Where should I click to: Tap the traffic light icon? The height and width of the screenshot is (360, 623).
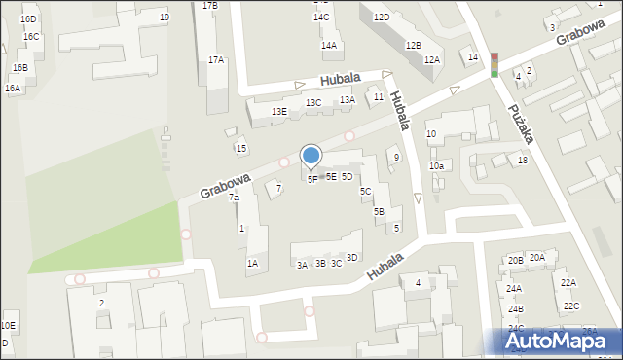[x=494, y=64]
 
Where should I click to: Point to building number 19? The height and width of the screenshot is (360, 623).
[x=165, y=18]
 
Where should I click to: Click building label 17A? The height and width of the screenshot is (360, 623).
[x=216, y=59]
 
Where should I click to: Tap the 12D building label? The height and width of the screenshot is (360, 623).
[x=381, y=18]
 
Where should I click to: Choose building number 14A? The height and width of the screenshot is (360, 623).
[x=329, y=45]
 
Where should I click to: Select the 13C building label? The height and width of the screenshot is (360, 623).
[x=313, y=102]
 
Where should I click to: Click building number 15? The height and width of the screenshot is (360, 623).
[x=241, y=148]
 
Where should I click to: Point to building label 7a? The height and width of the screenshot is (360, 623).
[x=234, y=198]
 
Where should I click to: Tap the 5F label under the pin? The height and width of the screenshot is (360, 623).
[x=312, y=179]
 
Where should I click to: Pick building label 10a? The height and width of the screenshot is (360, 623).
[x=437, y=166]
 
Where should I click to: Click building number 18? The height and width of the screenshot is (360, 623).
[x=523, y=160]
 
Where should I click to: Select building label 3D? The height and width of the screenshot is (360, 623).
[x=352, y=257]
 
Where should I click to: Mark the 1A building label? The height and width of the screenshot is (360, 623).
[x=252, y=263]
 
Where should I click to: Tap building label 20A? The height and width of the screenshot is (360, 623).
[x=537, y=257]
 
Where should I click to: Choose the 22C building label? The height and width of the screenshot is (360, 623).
[x=570, y=306]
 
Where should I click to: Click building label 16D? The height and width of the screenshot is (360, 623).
[x=28, y=19]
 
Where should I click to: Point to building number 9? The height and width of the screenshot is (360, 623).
[x=396, y=157]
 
